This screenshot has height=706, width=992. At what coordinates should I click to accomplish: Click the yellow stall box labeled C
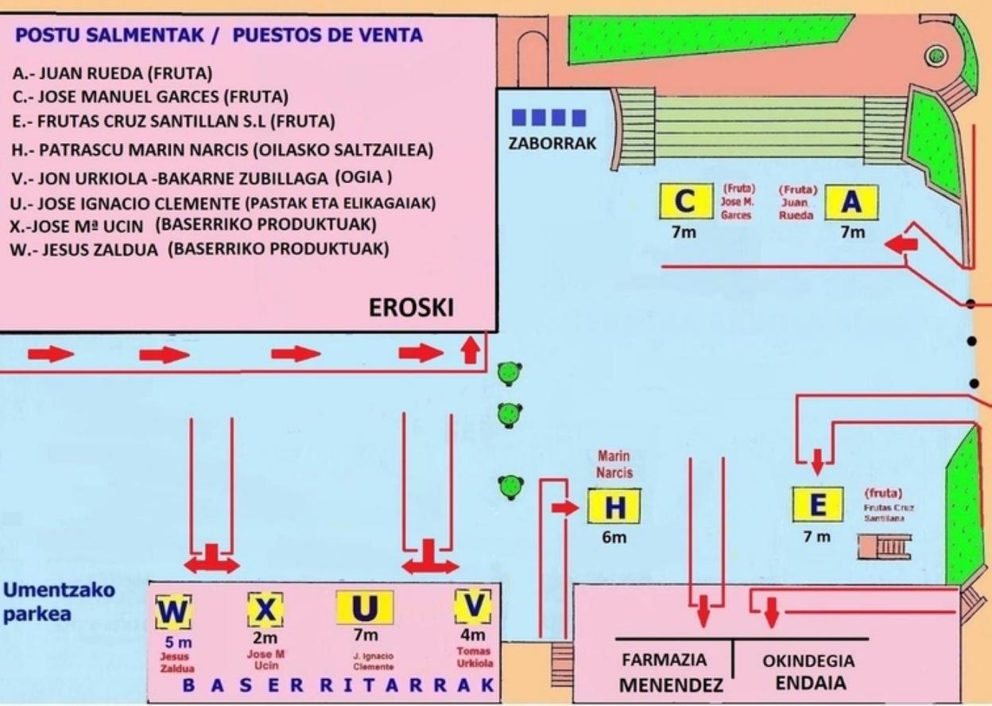(x=684, y=202)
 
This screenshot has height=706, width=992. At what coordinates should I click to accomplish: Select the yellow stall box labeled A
(x=851, y=203)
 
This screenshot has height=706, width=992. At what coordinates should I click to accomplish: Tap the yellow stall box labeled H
(x=614, y=506)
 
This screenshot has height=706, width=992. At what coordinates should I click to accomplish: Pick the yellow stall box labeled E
(x=817, y=505)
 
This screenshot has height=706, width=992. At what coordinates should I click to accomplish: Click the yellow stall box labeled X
(x=265, y=610)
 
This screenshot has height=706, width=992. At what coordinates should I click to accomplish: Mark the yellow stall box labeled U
(x=364, y=608)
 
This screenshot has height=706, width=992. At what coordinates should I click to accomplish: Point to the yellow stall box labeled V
(x=473, y=607)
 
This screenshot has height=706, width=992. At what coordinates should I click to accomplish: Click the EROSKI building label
(x=411, y=308)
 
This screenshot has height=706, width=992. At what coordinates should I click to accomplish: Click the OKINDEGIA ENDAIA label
(x=808, y=672)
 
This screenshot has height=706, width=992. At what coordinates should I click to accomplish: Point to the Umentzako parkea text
(x=60, y=602)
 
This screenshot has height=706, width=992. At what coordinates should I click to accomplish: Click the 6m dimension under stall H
(x=614, y=537)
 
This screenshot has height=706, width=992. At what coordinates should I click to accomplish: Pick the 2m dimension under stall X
(x=265, y=637)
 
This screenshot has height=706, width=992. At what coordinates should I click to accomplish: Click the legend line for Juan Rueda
(x=112, y=74)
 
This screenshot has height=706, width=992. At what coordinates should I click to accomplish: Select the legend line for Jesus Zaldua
(x=200, y=249)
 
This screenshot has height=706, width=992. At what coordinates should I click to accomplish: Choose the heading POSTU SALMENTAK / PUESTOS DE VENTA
(x=219, y=36)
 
